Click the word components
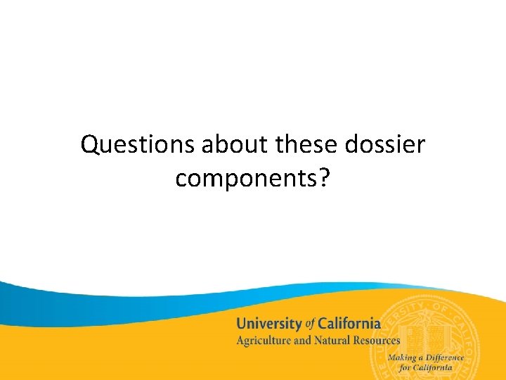[247, 179]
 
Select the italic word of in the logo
[311, 324]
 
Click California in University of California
[349, 324]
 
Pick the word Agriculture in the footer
[264, 341]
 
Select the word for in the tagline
[407, 367]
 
